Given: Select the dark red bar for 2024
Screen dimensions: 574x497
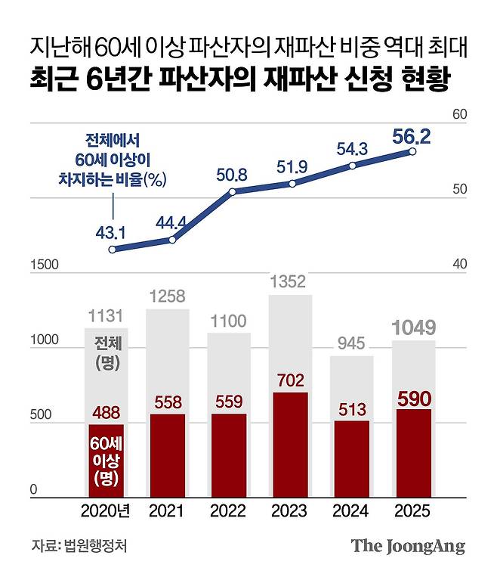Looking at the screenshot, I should [x=352, y=459].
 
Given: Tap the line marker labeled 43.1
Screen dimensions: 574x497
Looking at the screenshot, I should [x=112, y=250].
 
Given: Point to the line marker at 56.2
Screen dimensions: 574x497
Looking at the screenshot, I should [x=412, y=152].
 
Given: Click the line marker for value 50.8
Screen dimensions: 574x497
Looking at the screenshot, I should [x=233, y=191].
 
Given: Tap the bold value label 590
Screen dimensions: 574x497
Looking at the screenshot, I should [x=413, y=396].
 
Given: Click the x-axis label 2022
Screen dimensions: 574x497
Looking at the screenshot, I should [x=229, y=512].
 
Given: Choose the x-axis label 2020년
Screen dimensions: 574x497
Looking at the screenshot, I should [x=106, y=512].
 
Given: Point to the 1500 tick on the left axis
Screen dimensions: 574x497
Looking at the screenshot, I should [x=45, y=265].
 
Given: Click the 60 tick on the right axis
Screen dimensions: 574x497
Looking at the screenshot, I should [x=460, y=115].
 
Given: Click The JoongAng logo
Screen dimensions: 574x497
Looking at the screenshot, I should [x=407, y=546].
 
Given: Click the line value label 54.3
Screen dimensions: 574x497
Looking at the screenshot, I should [x=352, y=149].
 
